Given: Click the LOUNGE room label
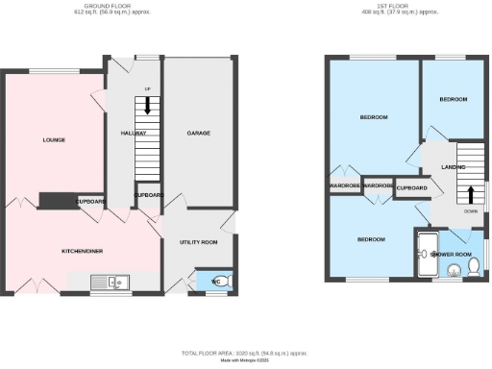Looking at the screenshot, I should [x=54, y=140].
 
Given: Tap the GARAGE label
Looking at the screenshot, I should [x=199, y=134].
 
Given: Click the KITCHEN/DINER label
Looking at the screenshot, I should [x=83, y=251].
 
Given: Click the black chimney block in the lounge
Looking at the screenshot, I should [x=57, y=200].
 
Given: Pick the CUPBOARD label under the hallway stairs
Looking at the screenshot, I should [x=148, y=195].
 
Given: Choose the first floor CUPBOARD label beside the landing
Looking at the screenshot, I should [x=410, y=187].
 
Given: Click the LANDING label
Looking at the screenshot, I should [x=454, y=167].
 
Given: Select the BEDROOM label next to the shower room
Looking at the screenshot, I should [x=371, y=238].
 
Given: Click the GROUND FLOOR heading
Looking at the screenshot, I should [x=122, y=6].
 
